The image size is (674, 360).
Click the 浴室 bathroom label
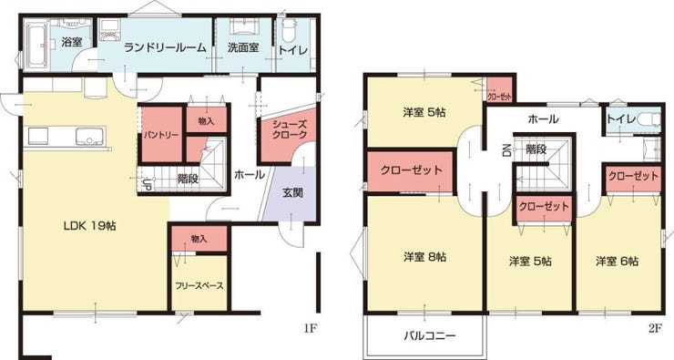[x=71, y=42]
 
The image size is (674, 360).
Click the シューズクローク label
[x=289, y=129]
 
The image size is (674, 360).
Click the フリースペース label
[x=199, y=285]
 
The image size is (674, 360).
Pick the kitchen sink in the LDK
[x=89, y=138]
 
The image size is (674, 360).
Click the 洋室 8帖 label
[x=424, y=258]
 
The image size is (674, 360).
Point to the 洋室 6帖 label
[x=617, y=261]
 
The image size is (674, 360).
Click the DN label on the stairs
[x=505, y=150]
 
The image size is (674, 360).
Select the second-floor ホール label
[x=543, y=118]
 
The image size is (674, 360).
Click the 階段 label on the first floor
[x=189, y=179]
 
